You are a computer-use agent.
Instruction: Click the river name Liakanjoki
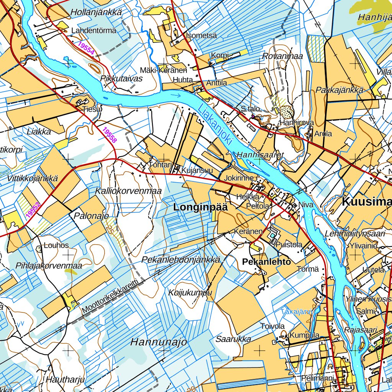pyautogui.click(x=216, y=124)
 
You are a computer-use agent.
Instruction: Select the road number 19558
pyautogui.click(x=109, y=135)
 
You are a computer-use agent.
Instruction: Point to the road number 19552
pyautogui.click(x=33, y=210)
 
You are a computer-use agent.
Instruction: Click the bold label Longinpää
pyautogui.click(x=201, y=207)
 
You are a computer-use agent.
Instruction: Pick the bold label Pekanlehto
pyautogui.click(x=266, y=261)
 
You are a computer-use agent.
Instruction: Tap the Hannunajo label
pyautogui.click(x=158, y=342)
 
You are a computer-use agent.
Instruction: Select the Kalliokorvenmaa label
pyautogui.click(x=128, y=191)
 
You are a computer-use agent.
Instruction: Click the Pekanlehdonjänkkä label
pyautogui.click(x=181, y=260)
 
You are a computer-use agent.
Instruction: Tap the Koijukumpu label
pyautogui.click(x=190, y=293)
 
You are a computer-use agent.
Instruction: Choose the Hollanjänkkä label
pyautogui.click(x=96, y=13)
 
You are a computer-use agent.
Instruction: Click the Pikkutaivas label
pyautogui.click(x=121, y=78)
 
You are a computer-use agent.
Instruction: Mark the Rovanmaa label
pyautogui.click(x=283, y=56)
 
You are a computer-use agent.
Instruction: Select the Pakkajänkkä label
pyautogui.click(x=339, y=90)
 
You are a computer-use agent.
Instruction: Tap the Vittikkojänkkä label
pyautogui.click(x=32, y=178)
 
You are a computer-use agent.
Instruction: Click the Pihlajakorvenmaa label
pyautogui.click(x=49, y=265)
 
